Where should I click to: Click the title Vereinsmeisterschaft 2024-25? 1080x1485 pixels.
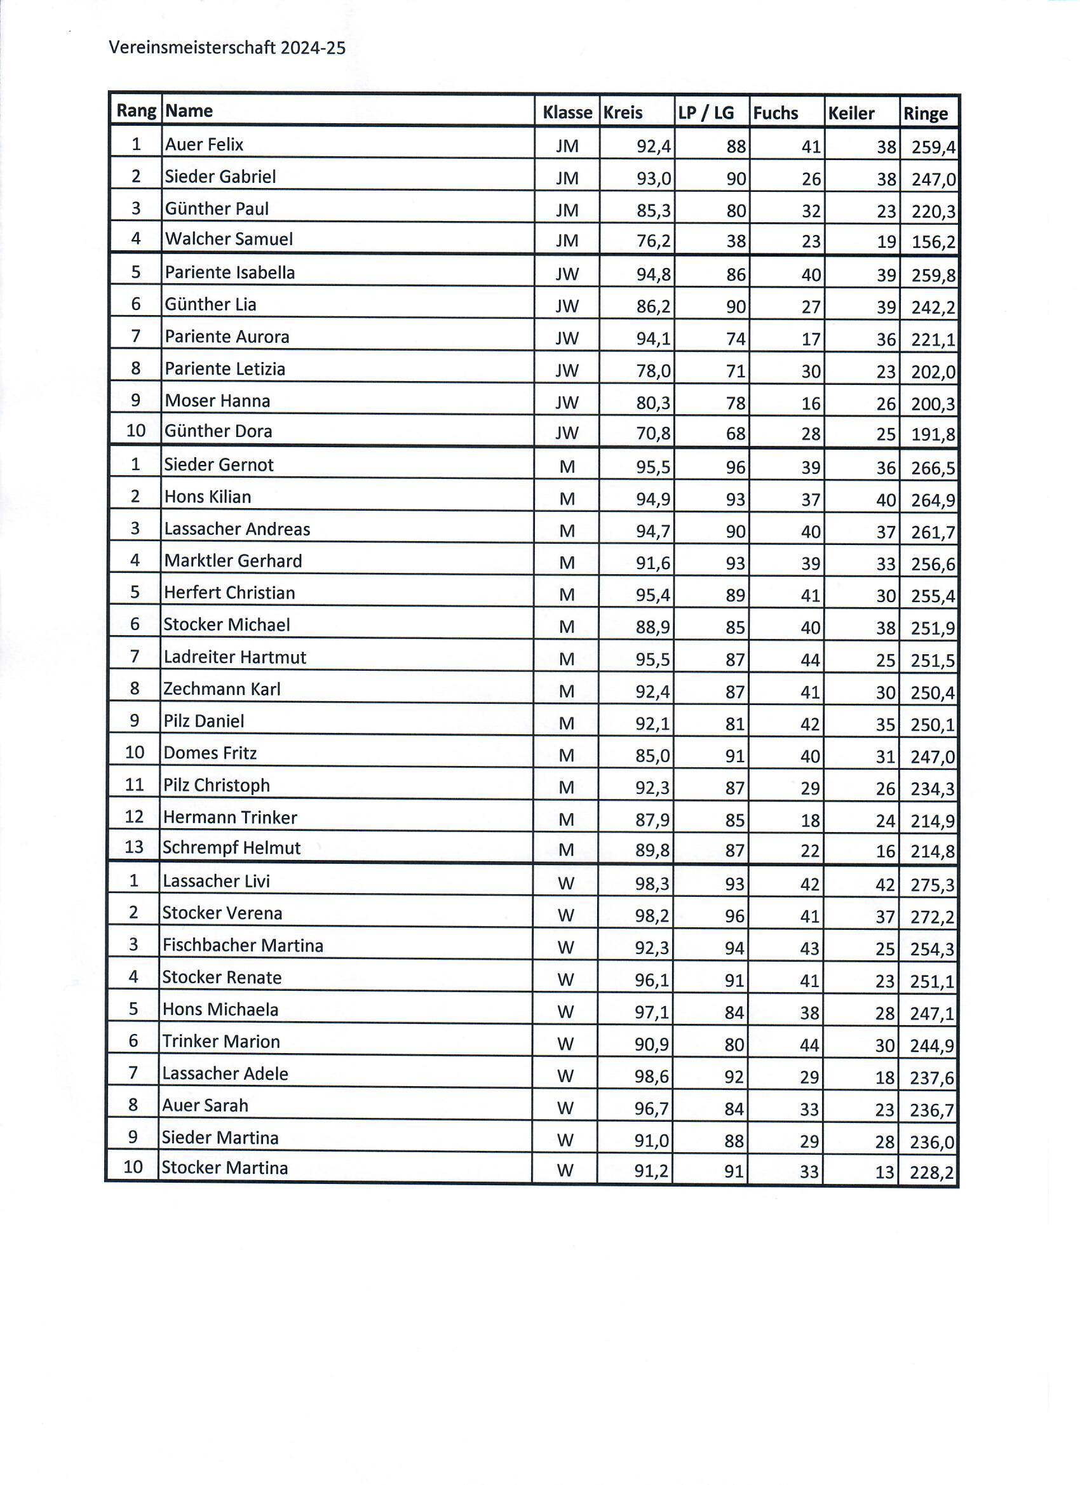[x=227, y=48]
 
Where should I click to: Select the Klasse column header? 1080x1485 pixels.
[x=567, y=112]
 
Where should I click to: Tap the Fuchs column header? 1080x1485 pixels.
[x=776, y=113]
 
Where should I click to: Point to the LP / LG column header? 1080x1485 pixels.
[x=706, y=113]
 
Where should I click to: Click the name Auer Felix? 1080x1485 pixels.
[x=205, y=145]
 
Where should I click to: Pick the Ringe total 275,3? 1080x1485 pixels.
[x=932, y=885]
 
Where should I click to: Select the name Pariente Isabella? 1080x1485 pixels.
[x=230, y=272]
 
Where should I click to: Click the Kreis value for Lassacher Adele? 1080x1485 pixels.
[x=651, y=1077]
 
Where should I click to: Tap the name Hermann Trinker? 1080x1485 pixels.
[x=230, y=817]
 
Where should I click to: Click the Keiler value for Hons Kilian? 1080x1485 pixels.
[x=886, y=501]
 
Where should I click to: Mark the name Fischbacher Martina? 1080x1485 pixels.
[x=243, y=946]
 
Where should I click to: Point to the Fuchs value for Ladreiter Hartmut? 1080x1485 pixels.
[x=809, y=660]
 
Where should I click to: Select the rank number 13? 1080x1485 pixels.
[x=133, y=847]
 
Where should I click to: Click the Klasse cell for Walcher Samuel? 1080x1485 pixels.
[x=567, y=241]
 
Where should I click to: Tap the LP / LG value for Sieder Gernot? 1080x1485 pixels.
[x=736, y=467]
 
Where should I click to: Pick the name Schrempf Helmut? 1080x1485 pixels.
[x=231, y=848]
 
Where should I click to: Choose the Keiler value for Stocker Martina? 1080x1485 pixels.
[x=884, y=1172]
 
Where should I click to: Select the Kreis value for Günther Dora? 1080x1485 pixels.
[x=653, y=433]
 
